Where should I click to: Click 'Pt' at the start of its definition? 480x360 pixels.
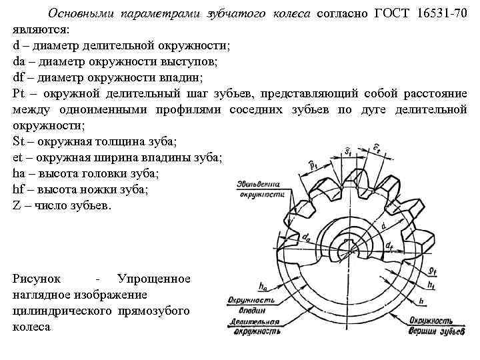[19, 93]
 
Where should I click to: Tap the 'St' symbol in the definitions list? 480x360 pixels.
[18, 141]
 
